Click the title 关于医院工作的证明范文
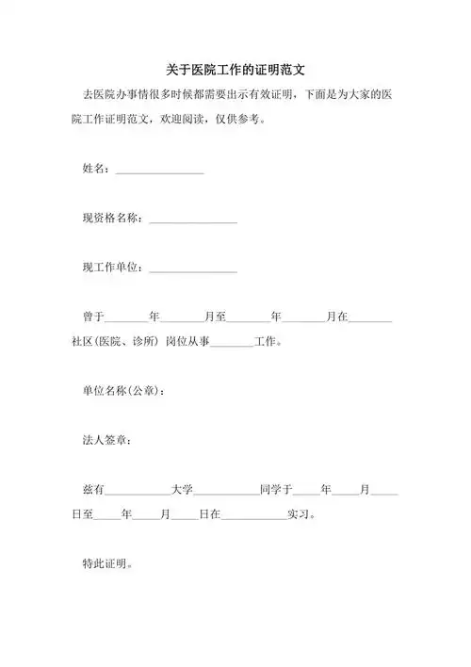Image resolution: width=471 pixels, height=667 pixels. coord(235,70)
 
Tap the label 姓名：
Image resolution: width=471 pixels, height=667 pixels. coord(97,169)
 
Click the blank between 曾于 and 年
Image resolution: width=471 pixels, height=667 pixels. coord(127,320)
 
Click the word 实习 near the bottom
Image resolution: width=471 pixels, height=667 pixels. coord(300,514)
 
